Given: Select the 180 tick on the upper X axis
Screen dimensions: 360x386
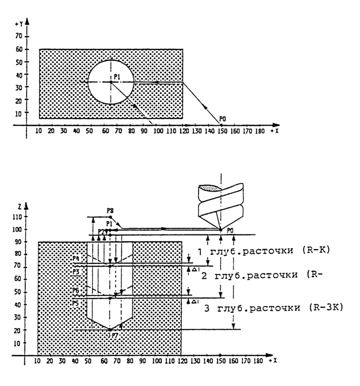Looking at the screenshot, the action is (259, 130).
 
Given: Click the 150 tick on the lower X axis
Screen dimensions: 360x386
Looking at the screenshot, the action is (220, 362).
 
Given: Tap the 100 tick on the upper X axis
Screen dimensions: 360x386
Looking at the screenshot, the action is (156, 130).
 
